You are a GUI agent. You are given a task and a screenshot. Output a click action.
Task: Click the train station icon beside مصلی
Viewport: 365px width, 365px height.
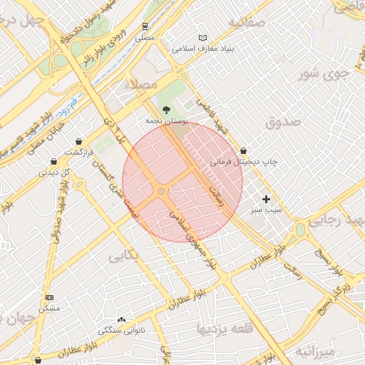(145, 26)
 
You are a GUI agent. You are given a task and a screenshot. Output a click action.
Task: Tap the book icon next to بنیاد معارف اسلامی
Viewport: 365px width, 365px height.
(203, 38)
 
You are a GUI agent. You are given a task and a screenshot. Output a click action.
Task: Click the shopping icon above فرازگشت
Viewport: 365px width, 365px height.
(78, 141)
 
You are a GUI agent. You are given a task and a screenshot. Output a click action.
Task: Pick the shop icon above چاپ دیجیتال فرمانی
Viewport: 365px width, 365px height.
(245, 151)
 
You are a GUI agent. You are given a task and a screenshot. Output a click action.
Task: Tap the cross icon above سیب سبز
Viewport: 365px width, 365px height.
(267, 199)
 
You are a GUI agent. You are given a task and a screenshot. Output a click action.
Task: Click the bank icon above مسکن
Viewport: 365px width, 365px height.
(48, 297)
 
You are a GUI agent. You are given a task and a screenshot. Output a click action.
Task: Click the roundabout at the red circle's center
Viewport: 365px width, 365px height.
(162, 192)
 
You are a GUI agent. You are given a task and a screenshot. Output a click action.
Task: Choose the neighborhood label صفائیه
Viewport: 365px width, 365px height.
(247, 21)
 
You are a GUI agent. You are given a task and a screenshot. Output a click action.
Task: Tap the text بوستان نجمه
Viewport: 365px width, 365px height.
(165, 123)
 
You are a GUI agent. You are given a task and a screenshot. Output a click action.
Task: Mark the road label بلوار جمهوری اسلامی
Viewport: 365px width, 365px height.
(192, 240)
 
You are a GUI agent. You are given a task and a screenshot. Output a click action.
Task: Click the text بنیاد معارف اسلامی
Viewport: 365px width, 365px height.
(208, 49)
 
